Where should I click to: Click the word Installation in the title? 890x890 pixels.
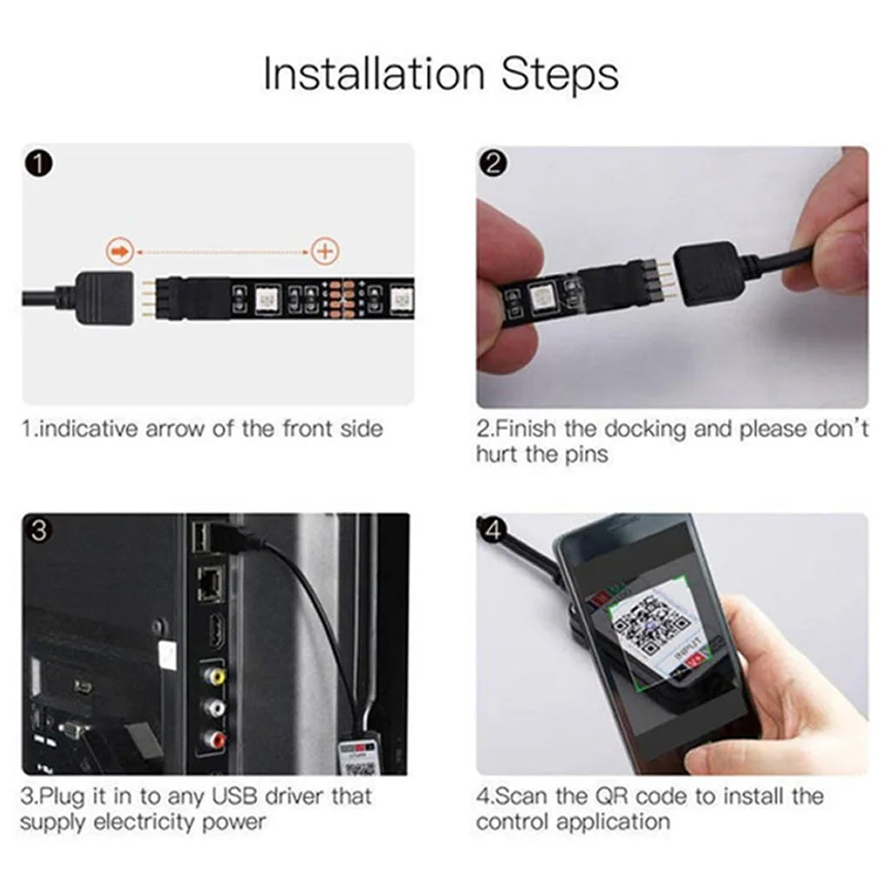(374, 74)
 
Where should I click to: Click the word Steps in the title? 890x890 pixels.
(560, 75)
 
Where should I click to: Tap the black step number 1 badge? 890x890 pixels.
(38, 164)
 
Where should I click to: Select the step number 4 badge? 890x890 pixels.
(493, 530)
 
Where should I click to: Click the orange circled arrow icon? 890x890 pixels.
(120, 251)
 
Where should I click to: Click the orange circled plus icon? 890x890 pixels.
(325, 251)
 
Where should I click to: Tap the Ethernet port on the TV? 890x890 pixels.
(209, 584)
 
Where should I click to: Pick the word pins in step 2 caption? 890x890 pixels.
(587, 455)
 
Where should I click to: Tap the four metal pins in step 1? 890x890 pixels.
(148, 298)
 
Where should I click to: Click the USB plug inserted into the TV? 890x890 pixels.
(238, 537)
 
